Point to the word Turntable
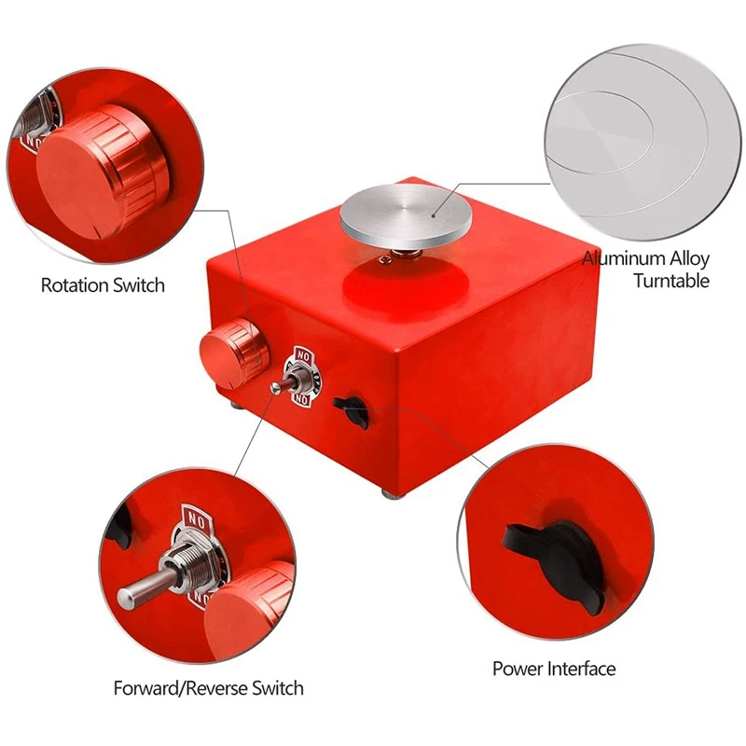coord(671,281)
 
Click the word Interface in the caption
coord(582,669)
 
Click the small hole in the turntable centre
coord(435,212)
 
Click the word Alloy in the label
coord(688,259)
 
